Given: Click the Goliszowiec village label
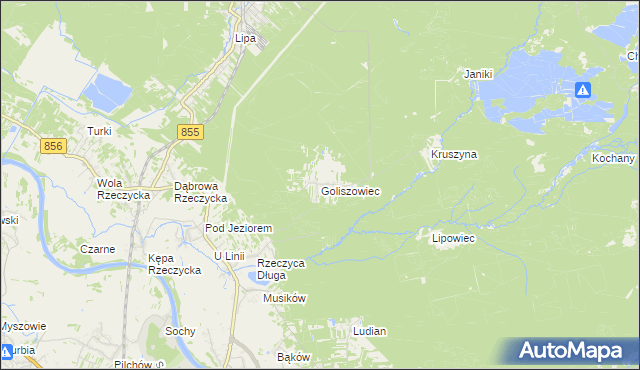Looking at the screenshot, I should coord(350,191).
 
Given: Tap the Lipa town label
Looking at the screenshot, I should coord(246,39).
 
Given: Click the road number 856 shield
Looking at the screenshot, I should coord(54,146).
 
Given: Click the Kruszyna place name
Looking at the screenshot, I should coord(454,155).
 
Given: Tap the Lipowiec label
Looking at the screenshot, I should coord(452,239).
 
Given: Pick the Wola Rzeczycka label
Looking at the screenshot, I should coord(122,189).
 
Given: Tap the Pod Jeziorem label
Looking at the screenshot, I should coord(239,229).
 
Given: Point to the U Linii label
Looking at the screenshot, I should coord(229,256).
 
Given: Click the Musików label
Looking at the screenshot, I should coord(284,298).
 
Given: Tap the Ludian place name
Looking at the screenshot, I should coord(369,330).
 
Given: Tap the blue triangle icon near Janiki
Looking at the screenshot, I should coord(583,90).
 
